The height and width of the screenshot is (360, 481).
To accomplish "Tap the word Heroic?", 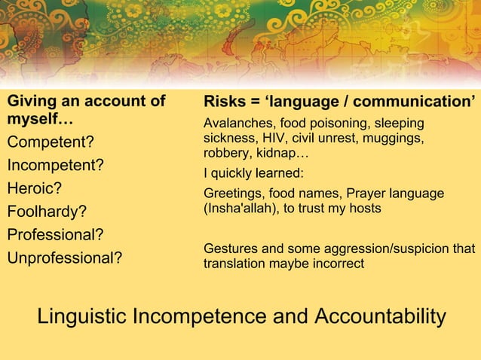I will (35, 188).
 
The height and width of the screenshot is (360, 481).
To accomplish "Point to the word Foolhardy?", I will (47, 212).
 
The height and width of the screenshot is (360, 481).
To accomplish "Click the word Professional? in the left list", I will (56, 234).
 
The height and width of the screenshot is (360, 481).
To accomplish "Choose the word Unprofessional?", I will (65, 258).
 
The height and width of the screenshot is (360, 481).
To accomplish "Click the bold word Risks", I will (224, 102).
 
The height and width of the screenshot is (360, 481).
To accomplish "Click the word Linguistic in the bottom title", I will (82, 317).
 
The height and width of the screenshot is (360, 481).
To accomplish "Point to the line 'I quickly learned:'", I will (253, 173).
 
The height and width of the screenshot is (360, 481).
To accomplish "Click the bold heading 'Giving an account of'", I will (86, 102).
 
